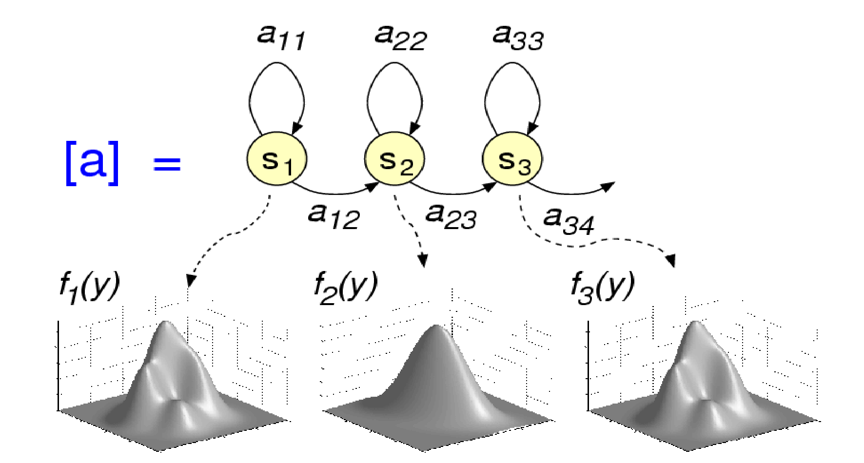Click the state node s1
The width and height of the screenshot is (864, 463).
point(276,159)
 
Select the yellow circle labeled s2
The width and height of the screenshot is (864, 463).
point(394,159)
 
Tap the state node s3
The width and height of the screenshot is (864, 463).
point(512,159)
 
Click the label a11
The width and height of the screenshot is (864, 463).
point(281,37)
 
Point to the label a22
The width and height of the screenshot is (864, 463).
point(400,37)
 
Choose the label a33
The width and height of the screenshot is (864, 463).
point(517,37)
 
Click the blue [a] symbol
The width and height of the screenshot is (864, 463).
point(92,163)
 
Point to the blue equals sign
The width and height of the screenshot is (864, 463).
point(167,164)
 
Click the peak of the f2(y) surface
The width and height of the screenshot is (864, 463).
point(435,327)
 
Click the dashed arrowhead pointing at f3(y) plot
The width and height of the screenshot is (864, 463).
point(672,260)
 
